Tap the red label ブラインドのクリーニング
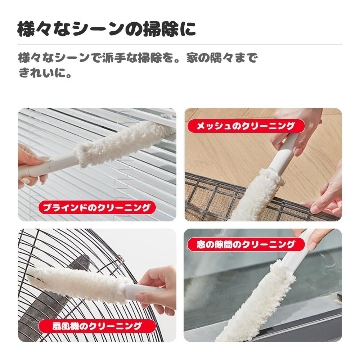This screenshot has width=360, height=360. [96, 207]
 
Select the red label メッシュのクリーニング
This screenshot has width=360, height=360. [246, 126]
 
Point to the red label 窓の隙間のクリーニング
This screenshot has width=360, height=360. [246, 245]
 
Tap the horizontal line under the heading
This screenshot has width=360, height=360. [180, 45]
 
